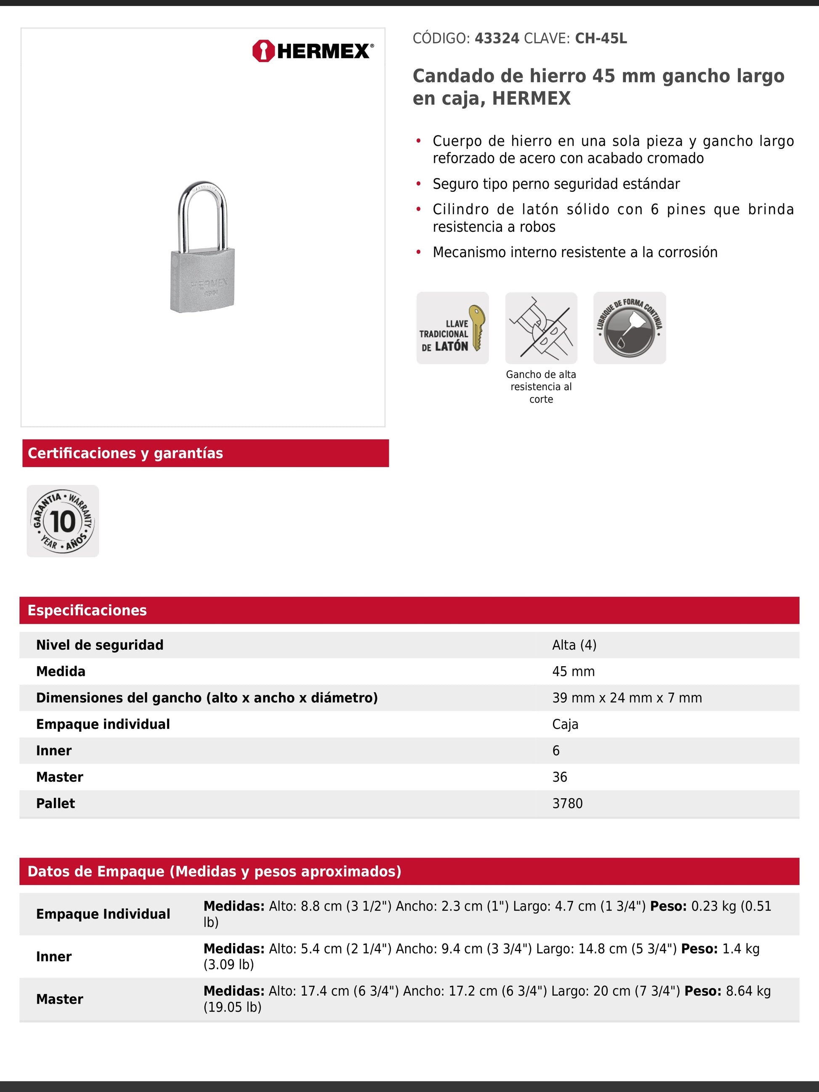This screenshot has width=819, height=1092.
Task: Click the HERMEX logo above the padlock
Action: pos(313,51)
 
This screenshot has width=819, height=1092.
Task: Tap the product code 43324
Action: pos(497,39)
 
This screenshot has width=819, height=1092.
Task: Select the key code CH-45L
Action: pos(601,39)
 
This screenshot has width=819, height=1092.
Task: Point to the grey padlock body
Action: pos(202,281)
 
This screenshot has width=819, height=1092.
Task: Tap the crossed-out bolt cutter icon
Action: pos(541,328)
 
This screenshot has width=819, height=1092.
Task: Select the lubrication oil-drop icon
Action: pos(630,328)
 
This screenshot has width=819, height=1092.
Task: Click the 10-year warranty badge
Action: pos(63,521)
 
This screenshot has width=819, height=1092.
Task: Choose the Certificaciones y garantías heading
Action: pos(125,453)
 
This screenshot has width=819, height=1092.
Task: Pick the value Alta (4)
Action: pos(574,645)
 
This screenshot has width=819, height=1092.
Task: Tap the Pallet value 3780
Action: pos(567,804)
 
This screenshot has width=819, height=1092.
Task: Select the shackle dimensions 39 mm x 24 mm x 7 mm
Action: pos(627,698)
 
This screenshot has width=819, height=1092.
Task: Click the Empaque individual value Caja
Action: pos(565,724)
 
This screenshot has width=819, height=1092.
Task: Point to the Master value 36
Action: pos(560,777)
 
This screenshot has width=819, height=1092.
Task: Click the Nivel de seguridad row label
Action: pos(100,645)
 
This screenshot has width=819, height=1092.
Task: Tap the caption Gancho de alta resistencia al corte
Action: pos(541,387)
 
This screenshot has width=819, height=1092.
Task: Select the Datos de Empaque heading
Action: pos(214,871)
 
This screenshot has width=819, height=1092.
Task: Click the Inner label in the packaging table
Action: pos(54,957)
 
